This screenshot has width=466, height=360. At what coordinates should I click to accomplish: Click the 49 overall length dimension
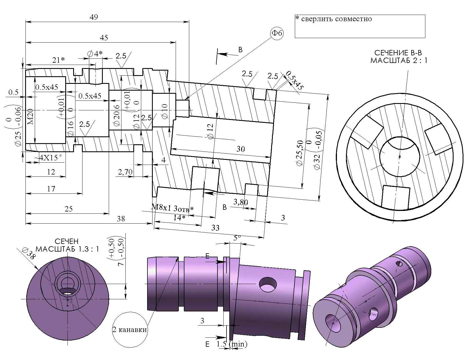[94, 17]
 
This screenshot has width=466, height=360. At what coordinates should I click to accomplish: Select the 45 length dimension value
[104, 38]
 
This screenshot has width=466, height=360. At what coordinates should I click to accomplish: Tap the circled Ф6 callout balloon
[276, 33]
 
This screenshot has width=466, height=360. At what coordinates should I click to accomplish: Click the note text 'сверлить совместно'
[336, 19]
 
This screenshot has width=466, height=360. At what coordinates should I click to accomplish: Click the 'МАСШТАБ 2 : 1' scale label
[399, 61]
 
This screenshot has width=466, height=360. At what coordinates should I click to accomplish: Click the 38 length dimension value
[121, 219]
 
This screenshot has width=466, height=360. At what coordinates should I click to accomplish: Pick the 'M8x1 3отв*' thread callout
[173, 208]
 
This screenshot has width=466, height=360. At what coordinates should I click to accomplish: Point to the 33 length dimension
[215, 228]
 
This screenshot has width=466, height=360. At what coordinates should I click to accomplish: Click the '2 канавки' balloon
[130, 330]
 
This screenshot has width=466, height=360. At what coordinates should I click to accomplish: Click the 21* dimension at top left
[59, 60]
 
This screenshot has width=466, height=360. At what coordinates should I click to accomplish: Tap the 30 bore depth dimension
[240, 149]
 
